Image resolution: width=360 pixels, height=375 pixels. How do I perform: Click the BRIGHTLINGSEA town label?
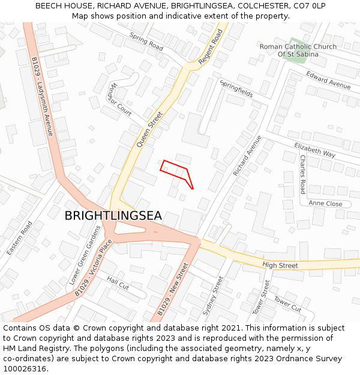113,216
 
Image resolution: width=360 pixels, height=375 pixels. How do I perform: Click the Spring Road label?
146,41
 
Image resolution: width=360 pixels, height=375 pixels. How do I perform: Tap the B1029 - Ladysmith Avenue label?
42,95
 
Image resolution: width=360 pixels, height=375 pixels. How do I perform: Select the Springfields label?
236,89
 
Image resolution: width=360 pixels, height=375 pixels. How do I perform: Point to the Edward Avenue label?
328,80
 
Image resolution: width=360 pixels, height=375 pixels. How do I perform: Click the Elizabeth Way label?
314,150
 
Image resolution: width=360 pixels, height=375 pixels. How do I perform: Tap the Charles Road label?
302,175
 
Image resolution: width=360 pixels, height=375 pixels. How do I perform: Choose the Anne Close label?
325,204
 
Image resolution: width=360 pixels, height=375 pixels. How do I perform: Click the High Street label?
280,265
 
